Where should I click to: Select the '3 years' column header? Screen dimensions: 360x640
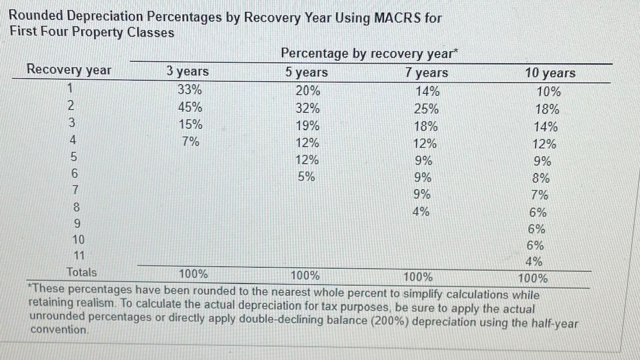point(187,71)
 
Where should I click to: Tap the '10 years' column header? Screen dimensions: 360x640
point(550,73)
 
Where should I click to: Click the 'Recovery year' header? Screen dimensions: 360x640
point(69,69)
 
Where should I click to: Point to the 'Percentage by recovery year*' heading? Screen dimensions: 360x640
point(369,53)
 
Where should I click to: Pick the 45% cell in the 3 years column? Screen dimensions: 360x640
point(190,107)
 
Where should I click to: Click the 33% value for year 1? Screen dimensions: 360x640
point(190,90)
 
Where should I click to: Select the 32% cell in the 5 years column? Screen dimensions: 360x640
point(307,108)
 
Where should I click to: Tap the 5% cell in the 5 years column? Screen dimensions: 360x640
point(306,176)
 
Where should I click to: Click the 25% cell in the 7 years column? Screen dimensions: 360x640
point(426,109)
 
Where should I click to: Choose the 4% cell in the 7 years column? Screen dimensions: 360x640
point(421,211)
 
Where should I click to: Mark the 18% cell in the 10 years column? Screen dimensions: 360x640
point(547,110)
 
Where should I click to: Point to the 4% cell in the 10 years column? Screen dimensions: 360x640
point(534,261)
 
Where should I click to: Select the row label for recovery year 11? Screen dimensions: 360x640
point(78,255)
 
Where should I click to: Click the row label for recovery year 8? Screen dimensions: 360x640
point(76,206)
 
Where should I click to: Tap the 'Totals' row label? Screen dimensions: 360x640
point(81,272)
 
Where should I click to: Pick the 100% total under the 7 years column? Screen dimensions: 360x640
point(418,277)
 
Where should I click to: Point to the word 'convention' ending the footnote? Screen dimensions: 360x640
point(59,330)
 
